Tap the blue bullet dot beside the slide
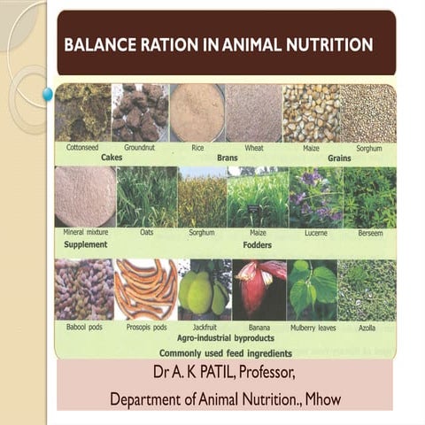(47, 94)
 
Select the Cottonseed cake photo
(83, 112)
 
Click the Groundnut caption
(139, 147)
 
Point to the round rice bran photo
(197, 112)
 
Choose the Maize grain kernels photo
(312, 113)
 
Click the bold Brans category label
(228, 158)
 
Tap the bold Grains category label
(339, 158)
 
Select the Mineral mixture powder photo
(85, 197)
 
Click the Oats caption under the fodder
(147, 232)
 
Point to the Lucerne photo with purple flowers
(316, 197)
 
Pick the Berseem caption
(370, 233)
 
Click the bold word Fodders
(258, 245)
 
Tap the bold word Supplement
(86, 244)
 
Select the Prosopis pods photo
(146, 290)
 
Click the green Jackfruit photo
(205, 290)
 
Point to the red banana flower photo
(259, 290)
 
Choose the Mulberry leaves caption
(313, 328)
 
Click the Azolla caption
(367, 328)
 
